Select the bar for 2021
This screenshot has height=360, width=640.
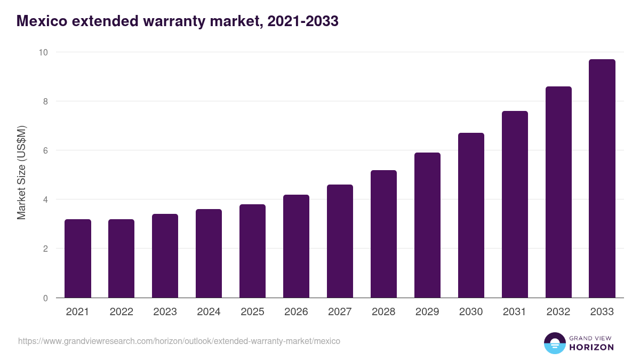click(x=78, y=259)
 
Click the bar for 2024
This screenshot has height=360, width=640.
click(x=209, y=253)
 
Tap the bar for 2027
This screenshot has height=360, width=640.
click(x=340, y=241)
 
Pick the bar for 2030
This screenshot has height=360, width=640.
click(x=471, y=215)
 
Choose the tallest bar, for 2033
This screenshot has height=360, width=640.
click(x=602, y=179)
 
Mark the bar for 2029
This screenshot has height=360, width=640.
click(x=427, y=225)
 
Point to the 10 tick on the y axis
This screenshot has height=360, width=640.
click(x=43, y=52)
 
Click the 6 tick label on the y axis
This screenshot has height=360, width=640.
click(x=45, y=150)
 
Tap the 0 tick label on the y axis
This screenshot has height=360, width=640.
click(x=45, y=298)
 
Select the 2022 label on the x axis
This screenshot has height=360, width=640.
click(x=122, y=312)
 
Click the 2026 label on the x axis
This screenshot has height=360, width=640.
click(x=296, y=312)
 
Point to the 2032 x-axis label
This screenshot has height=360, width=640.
click(x=558, y=312)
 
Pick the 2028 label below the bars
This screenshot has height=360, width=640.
click(x=383, y=312)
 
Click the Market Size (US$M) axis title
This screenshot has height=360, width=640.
click(x=21, y=173)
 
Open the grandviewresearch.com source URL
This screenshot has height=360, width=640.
click(x=179, y=341)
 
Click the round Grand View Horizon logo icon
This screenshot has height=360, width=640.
click(x=554, y=343)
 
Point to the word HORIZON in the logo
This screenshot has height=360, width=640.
click(x=591, y=347)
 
